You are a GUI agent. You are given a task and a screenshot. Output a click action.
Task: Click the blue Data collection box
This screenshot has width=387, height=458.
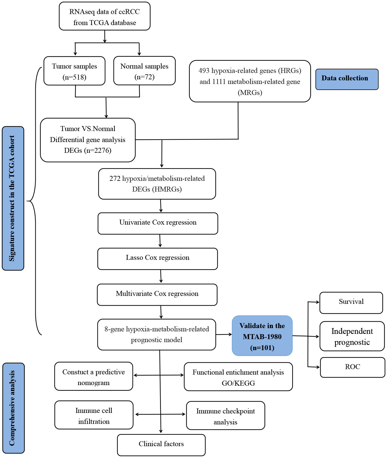point(347,79)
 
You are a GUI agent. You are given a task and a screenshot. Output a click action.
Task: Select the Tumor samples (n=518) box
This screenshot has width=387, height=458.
point(75,71)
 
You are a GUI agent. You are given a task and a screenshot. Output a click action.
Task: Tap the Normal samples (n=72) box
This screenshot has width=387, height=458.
point(144,71)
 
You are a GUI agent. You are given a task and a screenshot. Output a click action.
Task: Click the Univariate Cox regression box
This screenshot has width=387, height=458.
point(158,223)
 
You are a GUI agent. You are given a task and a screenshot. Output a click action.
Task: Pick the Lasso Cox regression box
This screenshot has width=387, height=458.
point(158,259)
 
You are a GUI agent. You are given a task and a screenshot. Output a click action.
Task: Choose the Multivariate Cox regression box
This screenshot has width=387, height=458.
point(157,295)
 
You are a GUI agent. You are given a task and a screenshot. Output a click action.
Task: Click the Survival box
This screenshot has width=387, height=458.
point(351,303)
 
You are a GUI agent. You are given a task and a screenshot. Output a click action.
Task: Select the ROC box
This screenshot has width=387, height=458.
point(353,367)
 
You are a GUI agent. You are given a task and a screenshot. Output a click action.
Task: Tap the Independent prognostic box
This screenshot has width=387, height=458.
point(352,336)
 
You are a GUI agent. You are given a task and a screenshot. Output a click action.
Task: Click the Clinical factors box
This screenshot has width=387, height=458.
point(161,445)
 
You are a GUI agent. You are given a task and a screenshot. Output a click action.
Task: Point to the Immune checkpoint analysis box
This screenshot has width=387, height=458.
point(226,416)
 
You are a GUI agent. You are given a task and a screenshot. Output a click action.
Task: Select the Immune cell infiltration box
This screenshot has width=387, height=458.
point(94,415)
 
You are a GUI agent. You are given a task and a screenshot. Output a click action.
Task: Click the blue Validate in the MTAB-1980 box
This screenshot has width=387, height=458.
point(262,336)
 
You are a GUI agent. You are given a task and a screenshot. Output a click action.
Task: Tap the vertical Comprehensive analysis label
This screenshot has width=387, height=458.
point(13,408)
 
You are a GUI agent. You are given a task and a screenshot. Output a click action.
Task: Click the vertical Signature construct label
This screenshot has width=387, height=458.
point(13,198)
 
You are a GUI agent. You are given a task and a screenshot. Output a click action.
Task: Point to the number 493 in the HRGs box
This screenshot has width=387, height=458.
point(204,71)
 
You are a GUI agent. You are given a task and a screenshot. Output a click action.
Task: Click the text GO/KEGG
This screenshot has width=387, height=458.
point(238,383)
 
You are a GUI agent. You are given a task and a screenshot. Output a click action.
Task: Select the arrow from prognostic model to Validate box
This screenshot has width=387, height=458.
point(224,335)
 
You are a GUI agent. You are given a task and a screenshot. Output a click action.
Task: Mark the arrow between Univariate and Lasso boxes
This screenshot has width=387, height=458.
point(160,241)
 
